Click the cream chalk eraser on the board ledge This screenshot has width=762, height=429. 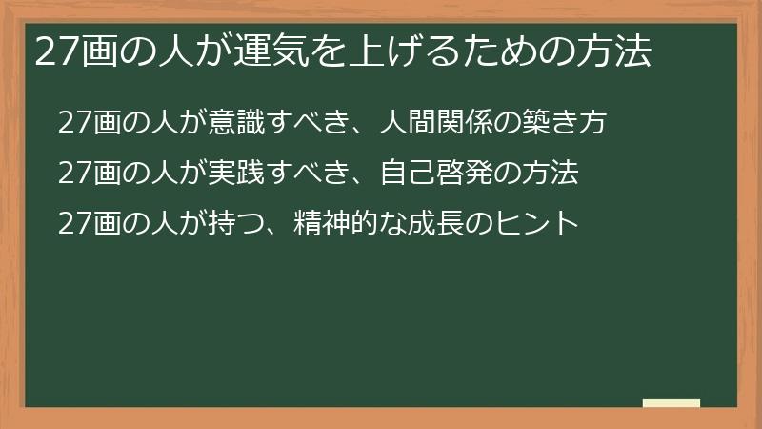[x=672, y=402]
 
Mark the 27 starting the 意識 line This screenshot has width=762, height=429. [x=72, y=123]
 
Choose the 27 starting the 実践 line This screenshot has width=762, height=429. [x=72, y=174]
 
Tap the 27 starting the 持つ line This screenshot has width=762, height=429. [x=72, y=224]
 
